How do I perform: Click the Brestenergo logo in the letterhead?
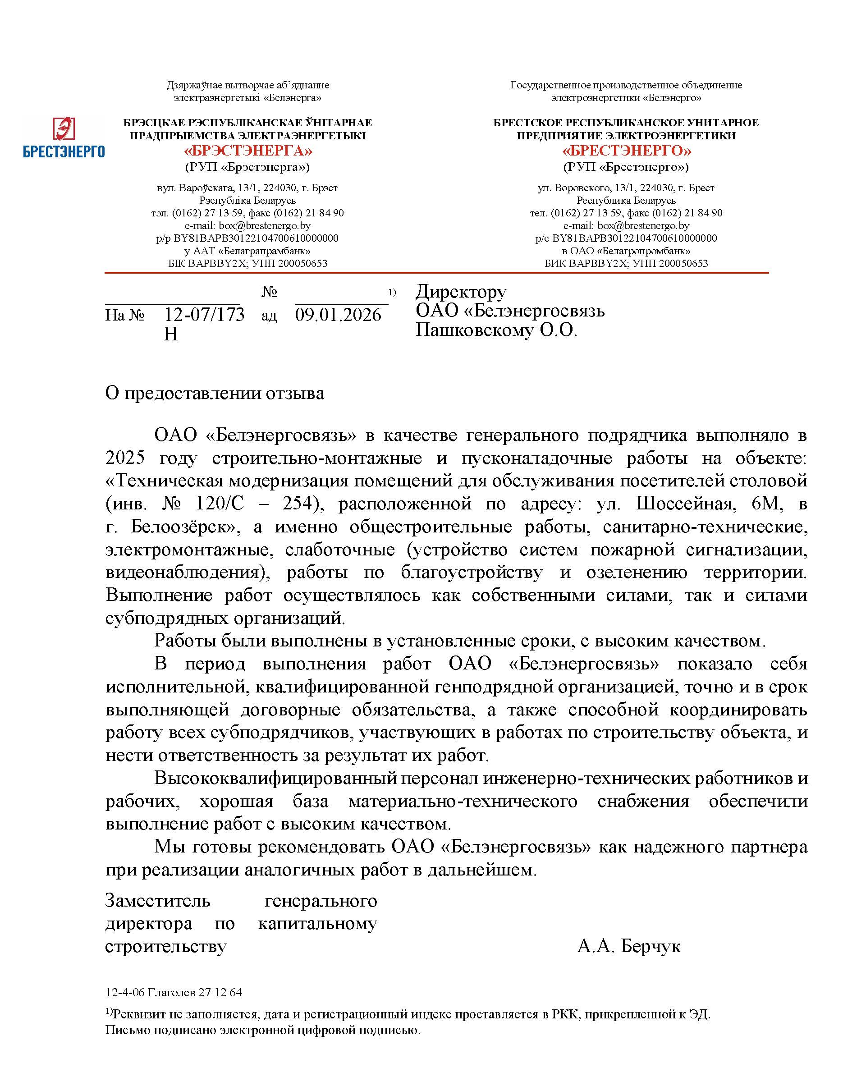[64, 137]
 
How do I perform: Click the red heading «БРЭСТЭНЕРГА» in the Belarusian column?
[247, 151]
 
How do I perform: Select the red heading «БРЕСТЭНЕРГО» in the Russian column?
[626, 151]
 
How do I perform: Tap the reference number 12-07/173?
[204, 315]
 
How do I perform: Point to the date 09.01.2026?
[338, 315]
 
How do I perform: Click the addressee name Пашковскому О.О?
[496, 330]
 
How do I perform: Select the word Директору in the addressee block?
[461, 291]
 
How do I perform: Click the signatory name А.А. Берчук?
[629, 946]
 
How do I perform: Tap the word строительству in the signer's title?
[165, 946]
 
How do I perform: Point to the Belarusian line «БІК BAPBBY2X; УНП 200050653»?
[247, 263]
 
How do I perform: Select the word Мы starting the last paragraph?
[165, 847]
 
